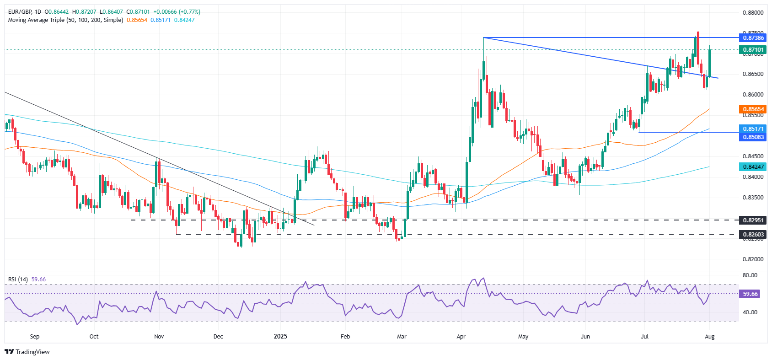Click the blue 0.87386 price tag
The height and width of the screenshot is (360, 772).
tap(752, 38)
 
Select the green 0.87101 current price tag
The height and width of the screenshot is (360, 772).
tap(752, 49)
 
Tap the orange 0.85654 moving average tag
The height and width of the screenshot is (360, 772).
tap(752, 109)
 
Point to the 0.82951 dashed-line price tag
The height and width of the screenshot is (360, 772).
tap(752, 220)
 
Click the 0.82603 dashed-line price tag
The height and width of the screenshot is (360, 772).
tap(752, 234)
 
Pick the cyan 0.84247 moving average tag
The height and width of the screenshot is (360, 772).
tap(752, 167)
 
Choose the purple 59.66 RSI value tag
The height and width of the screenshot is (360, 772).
tap(750, 294)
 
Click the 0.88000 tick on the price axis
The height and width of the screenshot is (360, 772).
tap(752, 13)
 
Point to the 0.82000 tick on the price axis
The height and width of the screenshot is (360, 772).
tap(752, 259)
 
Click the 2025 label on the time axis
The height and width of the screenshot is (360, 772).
tap(280, 336)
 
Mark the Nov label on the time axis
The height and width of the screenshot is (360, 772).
tap(159, 336)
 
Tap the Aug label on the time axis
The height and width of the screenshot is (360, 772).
tap(709, 336)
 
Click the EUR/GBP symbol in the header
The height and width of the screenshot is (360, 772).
tap(20, 12)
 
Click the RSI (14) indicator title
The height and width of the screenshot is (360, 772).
tap(18, 279)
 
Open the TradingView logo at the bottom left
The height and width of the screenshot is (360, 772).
tap(27, 352)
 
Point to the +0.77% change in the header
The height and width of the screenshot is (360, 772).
tap(188, 12)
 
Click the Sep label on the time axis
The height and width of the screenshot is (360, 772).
tap(35, 336)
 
